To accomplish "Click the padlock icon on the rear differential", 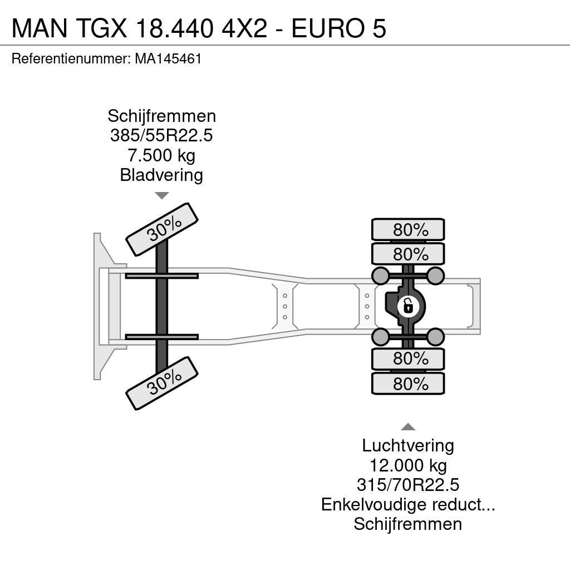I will point(408,306).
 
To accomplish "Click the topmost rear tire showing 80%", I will point(408,229).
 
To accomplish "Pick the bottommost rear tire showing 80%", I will point(408,384).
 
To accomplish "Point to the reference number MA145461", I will point(168,59).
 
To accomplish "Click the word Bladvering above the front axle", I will point(161,175).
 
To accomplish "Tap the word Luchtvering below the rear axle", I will point(408,445).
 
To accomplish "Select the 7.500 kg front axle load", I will point(161,155).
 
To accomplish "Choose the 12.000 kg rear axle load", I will point(408,465).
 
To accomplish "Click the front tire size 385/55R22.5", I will point(161,136).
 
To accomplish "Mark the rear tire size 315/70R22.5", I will point(408,485).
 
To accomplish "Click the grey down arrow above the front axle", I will point(161,195).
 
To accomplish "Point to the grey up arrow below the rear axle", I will point(408,427).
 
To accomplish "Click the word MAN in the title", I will point(37,28).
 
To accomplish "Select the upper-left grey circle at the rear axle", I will point(380,274).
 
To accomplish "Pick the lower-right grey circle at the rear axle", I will point(436,337).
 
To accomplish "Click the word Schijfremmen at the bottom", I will point(408,524).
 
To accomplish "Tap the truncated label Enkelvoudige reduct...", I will point(408,504).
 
